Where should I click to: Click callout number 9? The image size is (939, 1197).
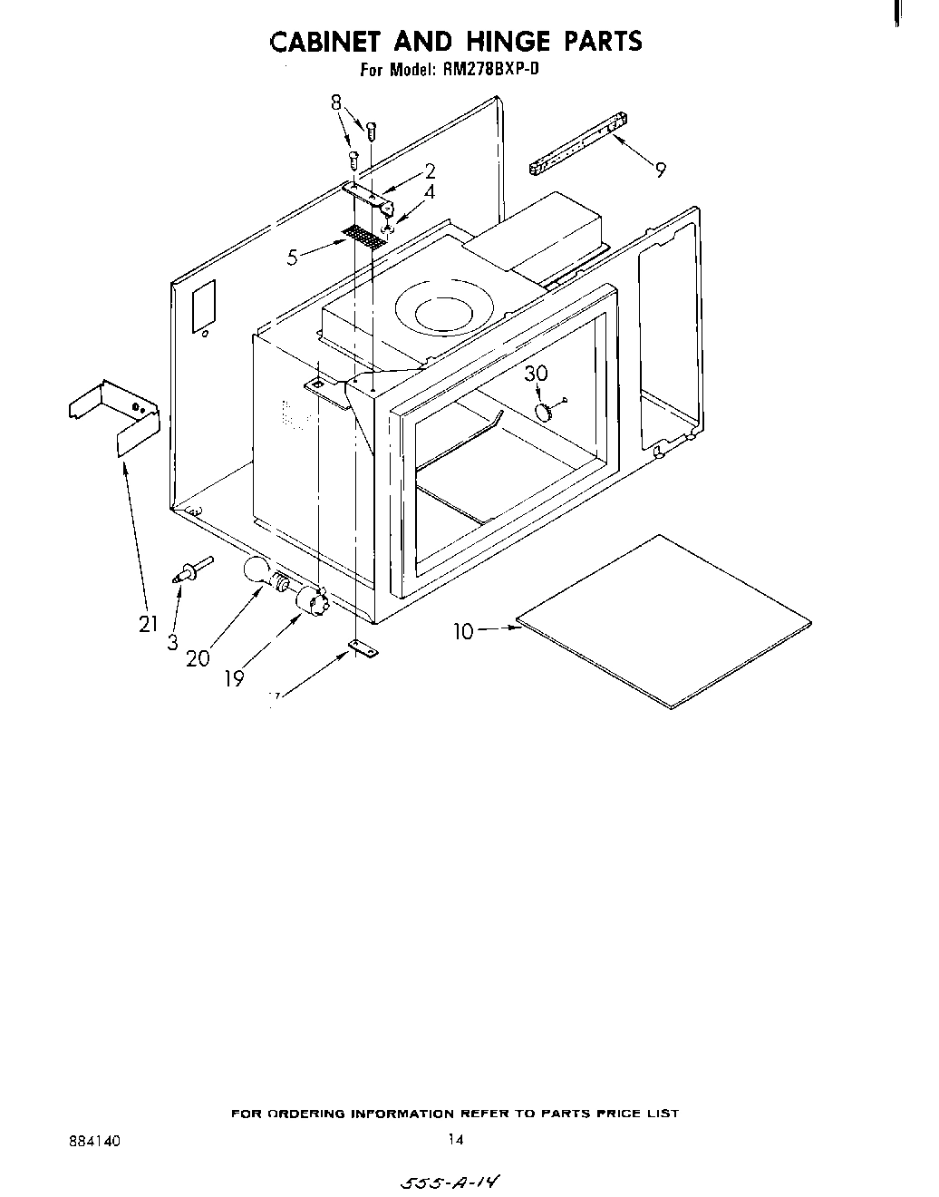(x=661, y=169)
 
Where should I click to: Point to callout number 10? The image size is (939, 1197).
(x=463, y=632)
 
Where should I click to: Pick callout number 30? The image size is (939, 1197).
(x=537, y=374)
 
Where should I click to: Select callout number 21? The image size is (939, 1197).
(x=148, y=624)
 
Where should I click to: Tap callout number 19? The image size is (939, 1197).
(x=235, y=677)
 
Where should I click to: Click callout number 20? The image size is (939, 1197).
(x=198, y=659)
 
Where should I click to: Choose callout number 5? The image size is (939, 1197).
(x=292, y=258)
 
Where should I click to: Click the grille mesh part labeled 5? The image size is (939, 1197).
(x=363, y=238)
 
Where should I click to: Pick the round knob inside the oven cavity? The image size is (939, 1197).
(x=544, y=412)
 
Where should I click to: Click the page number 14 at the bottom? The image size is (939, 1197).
(x=455, y=1141)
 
